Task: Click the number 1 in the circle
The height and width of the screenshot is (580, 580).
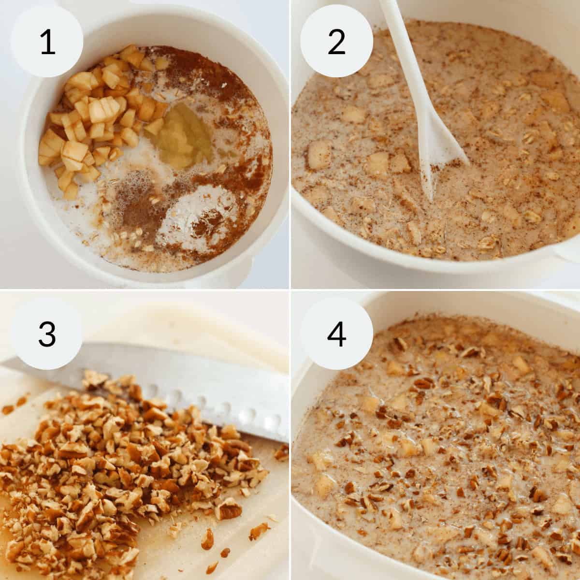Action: (47, 42)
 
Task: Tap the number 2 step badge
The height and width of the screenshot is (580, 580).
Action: (336, 42)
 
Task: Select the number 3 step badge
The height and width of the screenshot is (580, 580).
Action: (47, 333)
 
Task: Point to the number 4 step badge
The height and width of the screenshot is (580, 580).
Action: (336, 333)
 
